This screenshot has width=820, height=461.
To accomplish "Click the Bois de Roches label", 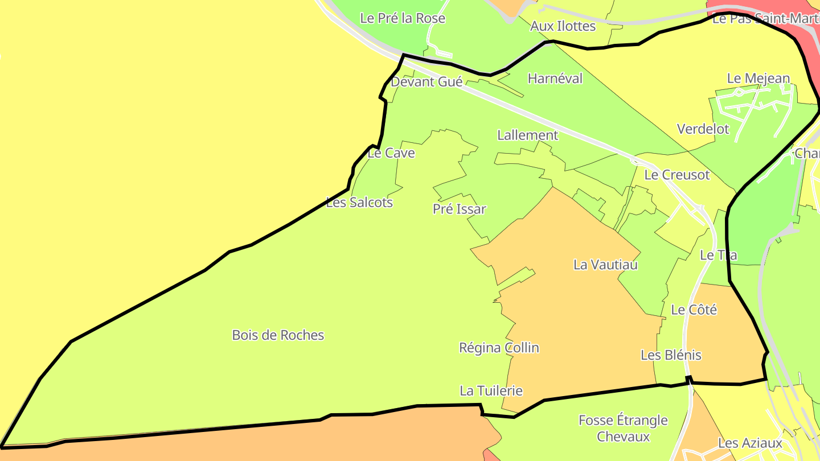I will (x=278, y=335).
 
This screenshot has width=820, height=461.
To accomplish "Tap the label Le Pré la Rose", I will (x=403, y=18).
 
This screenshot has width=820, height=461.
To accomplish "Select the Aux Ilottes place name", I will (x=563, y=26).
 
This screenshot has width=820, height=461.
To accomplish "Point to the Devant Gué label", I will (x=427, y=82).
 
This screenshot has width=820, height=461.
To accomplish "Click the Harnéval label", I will (x=555, y=79).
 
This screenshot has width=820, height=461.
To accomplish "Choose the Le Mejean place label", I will (x=758, y=79).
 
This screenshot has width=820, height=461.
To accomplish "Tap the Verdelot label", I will (x=703, y=129).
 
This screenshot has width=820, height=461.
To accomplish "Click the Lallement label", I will (x=528, y=135).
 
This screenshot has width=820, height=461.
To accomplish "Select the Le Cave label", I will (x=391, y=153).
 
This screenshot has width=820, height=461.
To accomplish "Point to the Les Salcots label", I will (x=359, y=203).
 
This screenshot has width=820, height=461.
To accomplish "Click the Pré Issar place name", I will (x=460, y=209).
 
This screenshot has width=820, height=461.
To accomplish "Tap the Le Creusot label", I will (x=677, y=175).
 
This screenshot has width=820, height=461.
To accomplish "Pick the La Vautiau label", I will (x=605, y=265).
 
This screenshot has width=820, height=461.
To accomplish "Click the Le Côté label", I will (x=694, y=310).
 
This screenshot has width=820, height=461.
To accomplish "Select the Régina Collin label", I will (x=499, y=348).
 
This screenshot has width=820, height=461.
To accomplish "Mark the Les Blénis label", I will (x=671, y=355).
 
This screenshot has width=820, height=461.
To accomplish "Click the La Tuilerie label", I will (x=491, y=391).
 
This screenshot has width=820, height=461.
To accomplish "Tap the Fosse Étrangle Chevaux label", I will (x=623, y=429).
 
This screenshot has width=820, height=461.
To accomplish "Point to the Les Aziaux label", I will (x=750, y=443).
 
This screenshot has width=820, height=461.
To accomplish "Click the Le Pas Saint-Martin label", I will (x=765, y=19).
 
